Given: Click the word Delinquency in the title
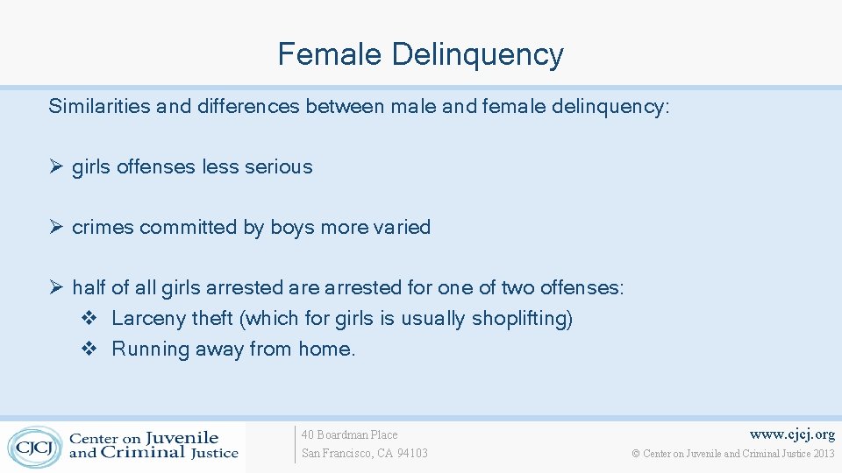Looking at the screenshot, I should click(x=477, y=55).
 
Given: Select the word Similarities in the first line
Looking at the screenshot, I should click(x=100, y=107).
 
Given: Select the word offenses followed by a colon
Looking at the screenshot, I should click(x=582, y=287).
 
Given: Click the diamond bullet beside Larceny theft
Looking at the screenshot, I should click(x=88, y=318).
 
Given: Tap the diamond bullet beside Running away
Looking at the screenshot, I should click(x=88, y=349).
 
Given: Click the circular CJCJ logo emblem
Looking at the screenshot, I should click(x=34, y=446).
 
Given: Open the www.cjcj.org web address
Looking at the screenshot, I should click(x=791, y=434).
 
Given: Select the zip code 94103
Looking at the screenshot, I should click(x=412, y=453).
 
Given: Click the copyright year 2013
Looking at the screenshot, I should click(x=824, y=453).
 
